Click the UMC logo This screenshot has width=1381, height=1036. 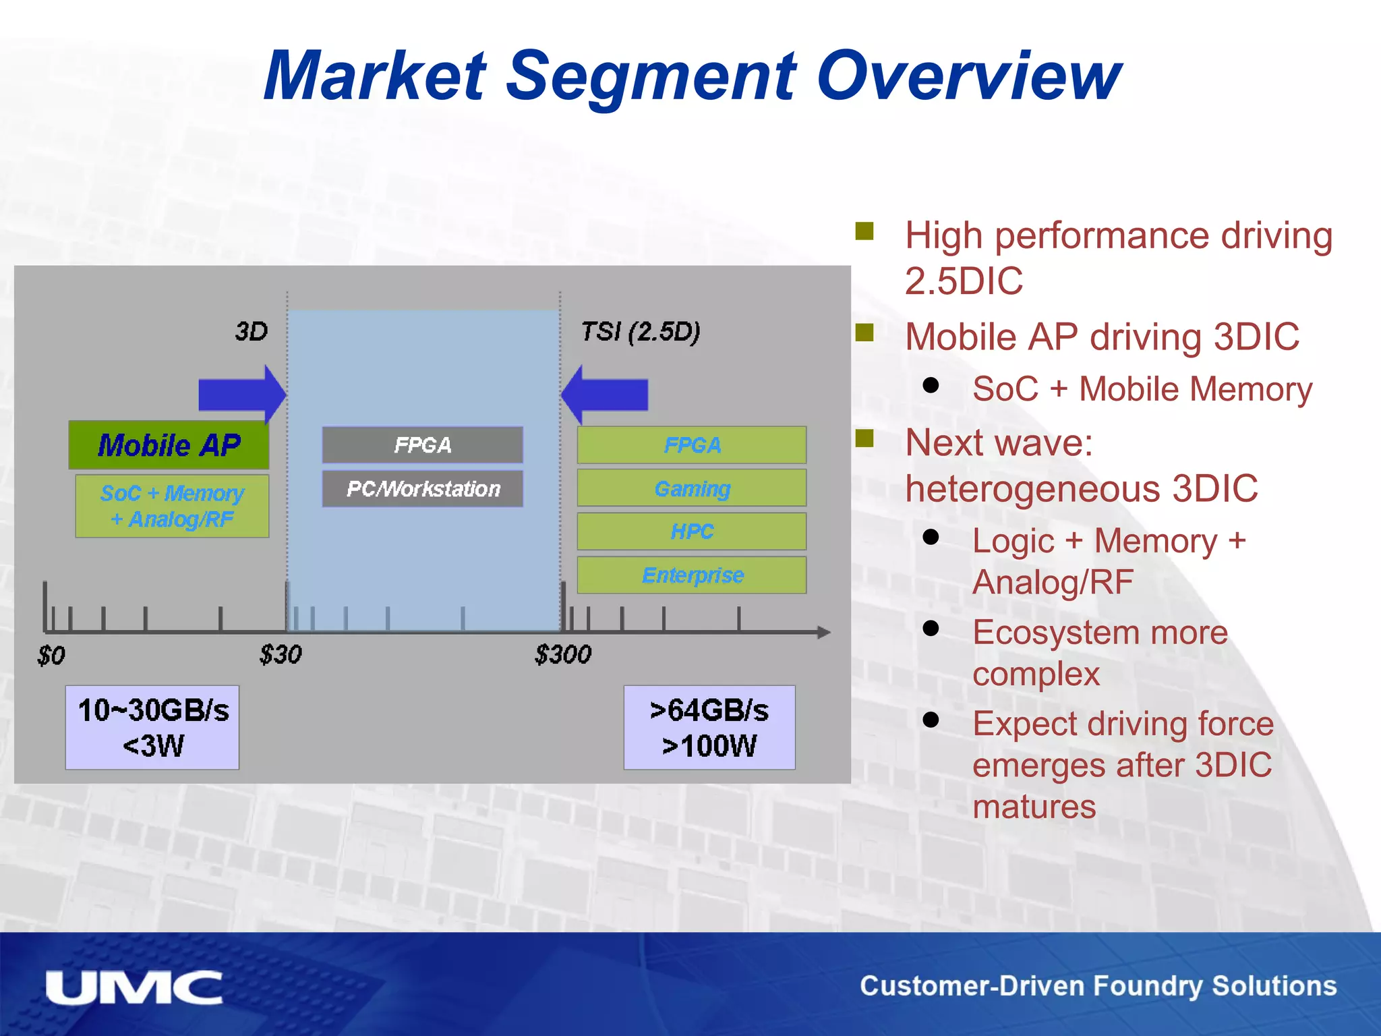point(134,987)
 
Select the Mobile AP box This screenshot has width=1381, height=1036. point(169,445)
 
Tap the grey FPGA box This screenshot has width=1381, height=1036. point(422,445)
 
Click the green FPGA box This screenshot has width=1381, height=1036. point(691,445)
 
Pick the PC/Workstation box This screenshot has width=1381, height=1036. point(422,488)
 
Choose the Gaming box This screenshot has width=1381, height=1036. point(691,488)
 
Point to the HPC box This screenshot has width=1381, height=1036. point(691,531)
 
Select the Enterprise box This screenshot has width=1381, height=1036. point(691,575)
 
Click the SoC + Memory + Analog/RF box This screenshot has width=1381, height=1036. point(172,506)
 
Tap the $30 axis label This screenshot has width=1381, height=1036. point(281,654)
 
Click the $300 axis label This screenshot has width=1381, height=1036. point(562,654)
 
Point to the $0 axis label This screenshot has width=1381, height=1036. point(51,656)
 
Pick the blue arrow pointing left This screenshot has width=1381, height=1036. point(605,395)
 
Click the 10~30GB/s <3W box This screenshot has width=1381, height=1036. point(152,728)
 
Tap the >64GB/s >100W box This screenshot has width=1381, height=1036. point(709,728)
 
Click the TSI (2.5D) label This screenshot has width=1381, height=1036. point(641,332)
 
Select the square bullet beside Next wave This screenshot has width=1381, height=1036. point(864,439)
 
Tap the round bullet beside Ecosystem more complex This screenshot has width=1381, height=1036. point(931,629)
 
